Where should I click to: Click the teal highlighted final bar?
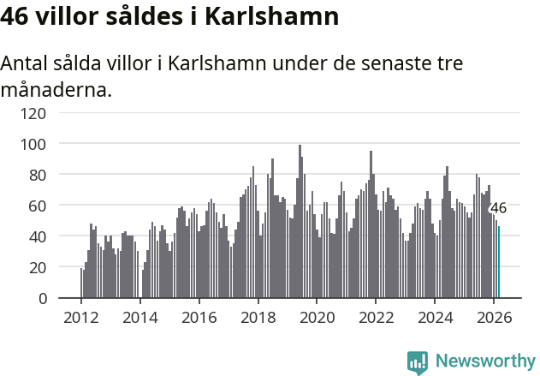point(499,262)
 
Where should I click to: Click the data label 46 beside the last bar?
point(498,208)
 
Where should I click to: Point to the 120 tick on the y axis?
point(33,112)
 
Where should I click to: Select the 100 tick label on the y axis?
point(33,144)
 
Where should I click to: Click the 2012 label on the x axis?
point(81,317)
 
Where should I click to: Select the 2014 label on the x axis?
point(140,317)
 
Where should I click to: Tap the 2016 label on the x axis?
point(199,317)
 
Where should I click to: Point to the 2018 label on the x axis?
point(258,317)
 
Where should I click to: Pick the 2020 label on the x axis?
point(317,317)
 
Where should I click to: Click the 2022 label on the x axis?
point(376,317)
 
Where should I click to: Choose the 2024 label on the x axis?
point(435,317)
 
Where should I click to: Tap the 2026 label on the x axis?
point(494,317)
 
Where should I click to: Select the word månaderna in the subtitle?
point(56,88)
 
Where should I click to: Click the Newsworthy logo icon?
point(418,362)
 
